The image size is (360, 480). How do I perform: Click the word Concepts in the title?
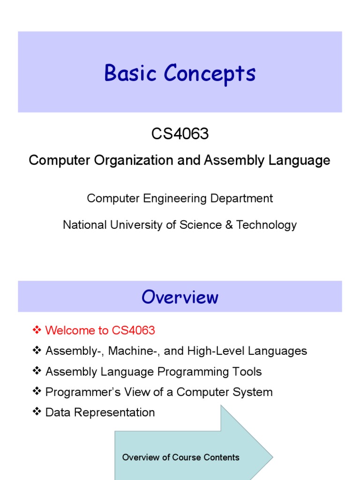click(x=210, y=74)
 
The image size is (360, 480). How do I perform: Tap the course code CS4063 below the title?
click(x=180, y=135)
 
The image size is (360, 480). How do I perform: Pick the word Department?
click(x=243, y=198)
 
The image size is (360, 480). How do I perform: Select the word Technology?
click(x=266, y=225)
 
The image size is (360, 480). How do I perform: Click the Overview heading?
click(x=180, y=297)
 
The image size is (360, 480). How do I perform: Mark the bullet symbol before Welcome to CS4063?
click(x=37, y=330)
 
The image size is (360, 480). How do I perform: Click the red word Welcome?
click(x=70, y=330)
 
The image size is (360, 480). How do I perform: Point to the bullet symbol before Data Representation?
click(x=37, y=412)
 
